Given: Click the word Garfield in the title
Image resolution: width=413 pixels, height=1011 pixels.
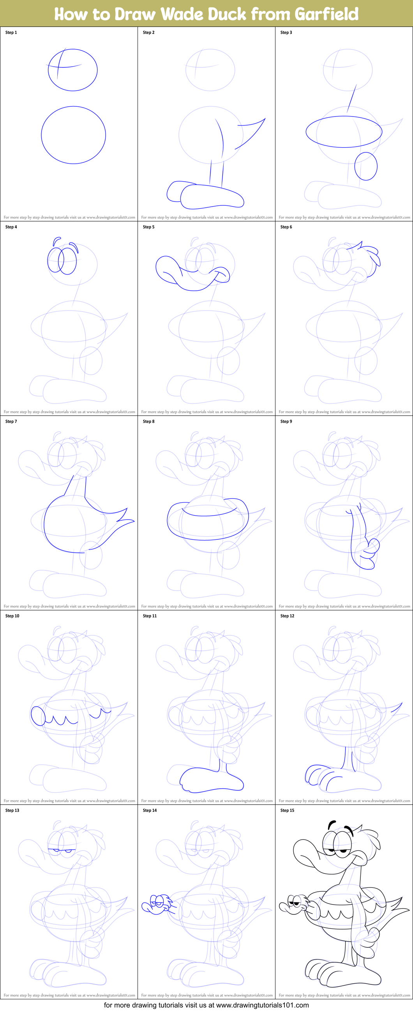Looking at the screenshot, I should point(327,14).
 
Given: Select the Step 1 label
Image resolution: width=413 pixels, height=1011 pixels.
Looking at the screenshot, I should point(11,33).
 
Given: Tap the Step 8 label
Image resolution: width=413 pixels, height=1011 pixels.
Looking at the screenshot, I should point(149,422).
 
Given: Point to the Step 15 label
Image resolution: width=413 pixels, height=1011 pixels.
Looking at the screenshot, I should point(287,810).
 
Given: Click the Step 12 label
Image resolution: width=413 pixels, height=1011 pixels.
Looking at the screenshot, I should point(287,616).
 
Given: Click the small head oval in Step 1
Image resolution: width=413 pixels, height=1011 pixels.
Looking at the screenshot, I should point(72,70).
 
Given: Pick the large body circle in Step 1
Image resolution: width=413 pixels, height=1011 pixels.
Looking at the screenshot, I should point(73,134).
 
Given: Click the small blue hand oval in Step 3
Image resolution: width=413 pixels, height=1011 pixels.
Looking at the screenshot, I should point(365,166).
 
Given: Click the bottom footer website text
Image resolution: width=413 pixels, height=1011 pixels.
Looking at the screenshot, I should point(206,1005).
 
